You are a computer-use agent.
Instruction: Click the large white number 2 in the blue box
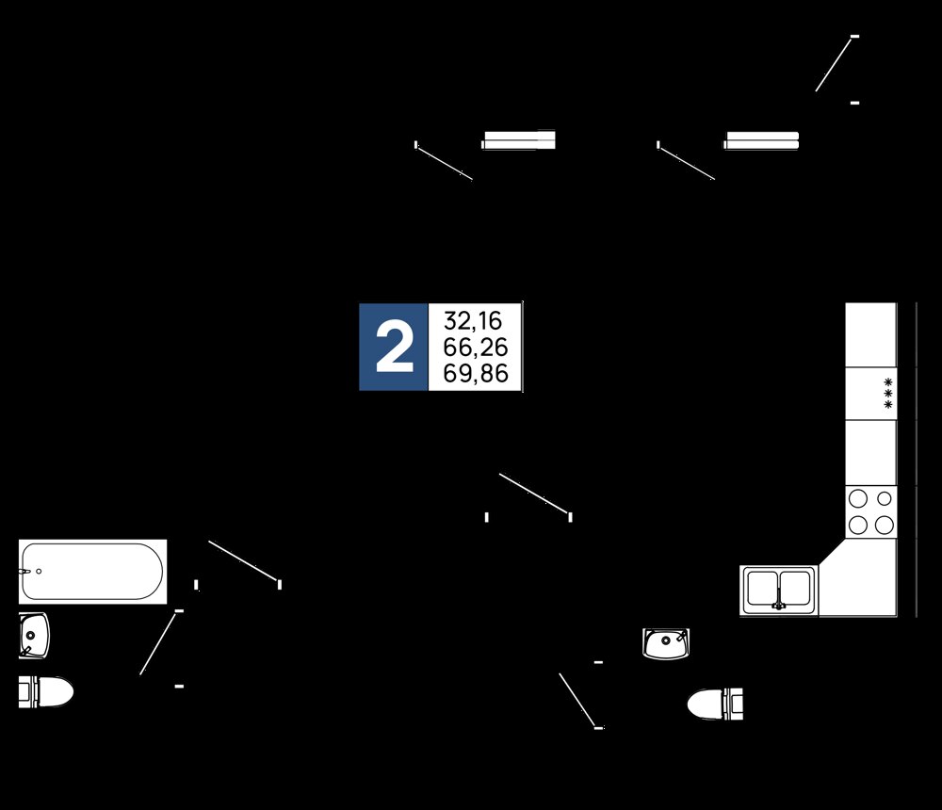click(x=394, y=348)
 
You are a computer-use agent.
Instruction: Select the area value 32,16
click(x=473, y=321)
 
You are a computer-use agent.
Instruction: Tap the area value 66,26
click(x=475, y=348)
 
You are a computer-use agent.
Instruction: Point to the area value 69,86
click(x=475, y=374)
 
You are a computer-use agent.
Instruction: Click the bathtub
click(x=92, y=572)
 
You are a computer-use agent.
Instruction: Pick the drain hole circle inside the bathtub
click(x=39, y=572)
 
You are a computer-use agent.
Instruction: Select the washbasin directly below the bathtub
click(x=34, y=635)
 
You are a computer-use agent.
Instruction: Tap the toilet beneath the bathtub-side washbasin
click(x=45, y=691)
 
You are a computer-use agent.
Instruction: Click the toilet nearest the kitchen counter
click(x=715, y=704)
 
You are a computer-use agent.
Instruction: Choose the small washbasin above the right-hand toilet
click(x=666, y=643)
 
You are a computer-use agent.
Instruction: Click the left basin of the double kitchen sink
click(x=762, y=589)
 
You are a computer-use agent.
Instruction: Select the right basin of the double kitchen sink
click(x=795, y=589)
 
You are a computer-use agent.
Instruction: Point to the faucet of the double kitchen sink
click(x=779, y=604)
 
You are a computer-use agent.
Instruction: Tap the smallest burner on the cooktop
click(x=885, y=498)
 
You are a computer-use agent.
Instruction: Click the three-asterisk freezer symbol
click(x=888, y=393)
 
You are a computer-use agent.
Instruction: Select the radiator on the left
click(x=518, y=140)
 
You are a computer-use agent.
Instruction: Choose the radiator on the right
click(x=761, y=140)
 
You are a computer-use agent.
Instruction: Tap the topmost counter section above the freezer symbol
click(x=871, y=334)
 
